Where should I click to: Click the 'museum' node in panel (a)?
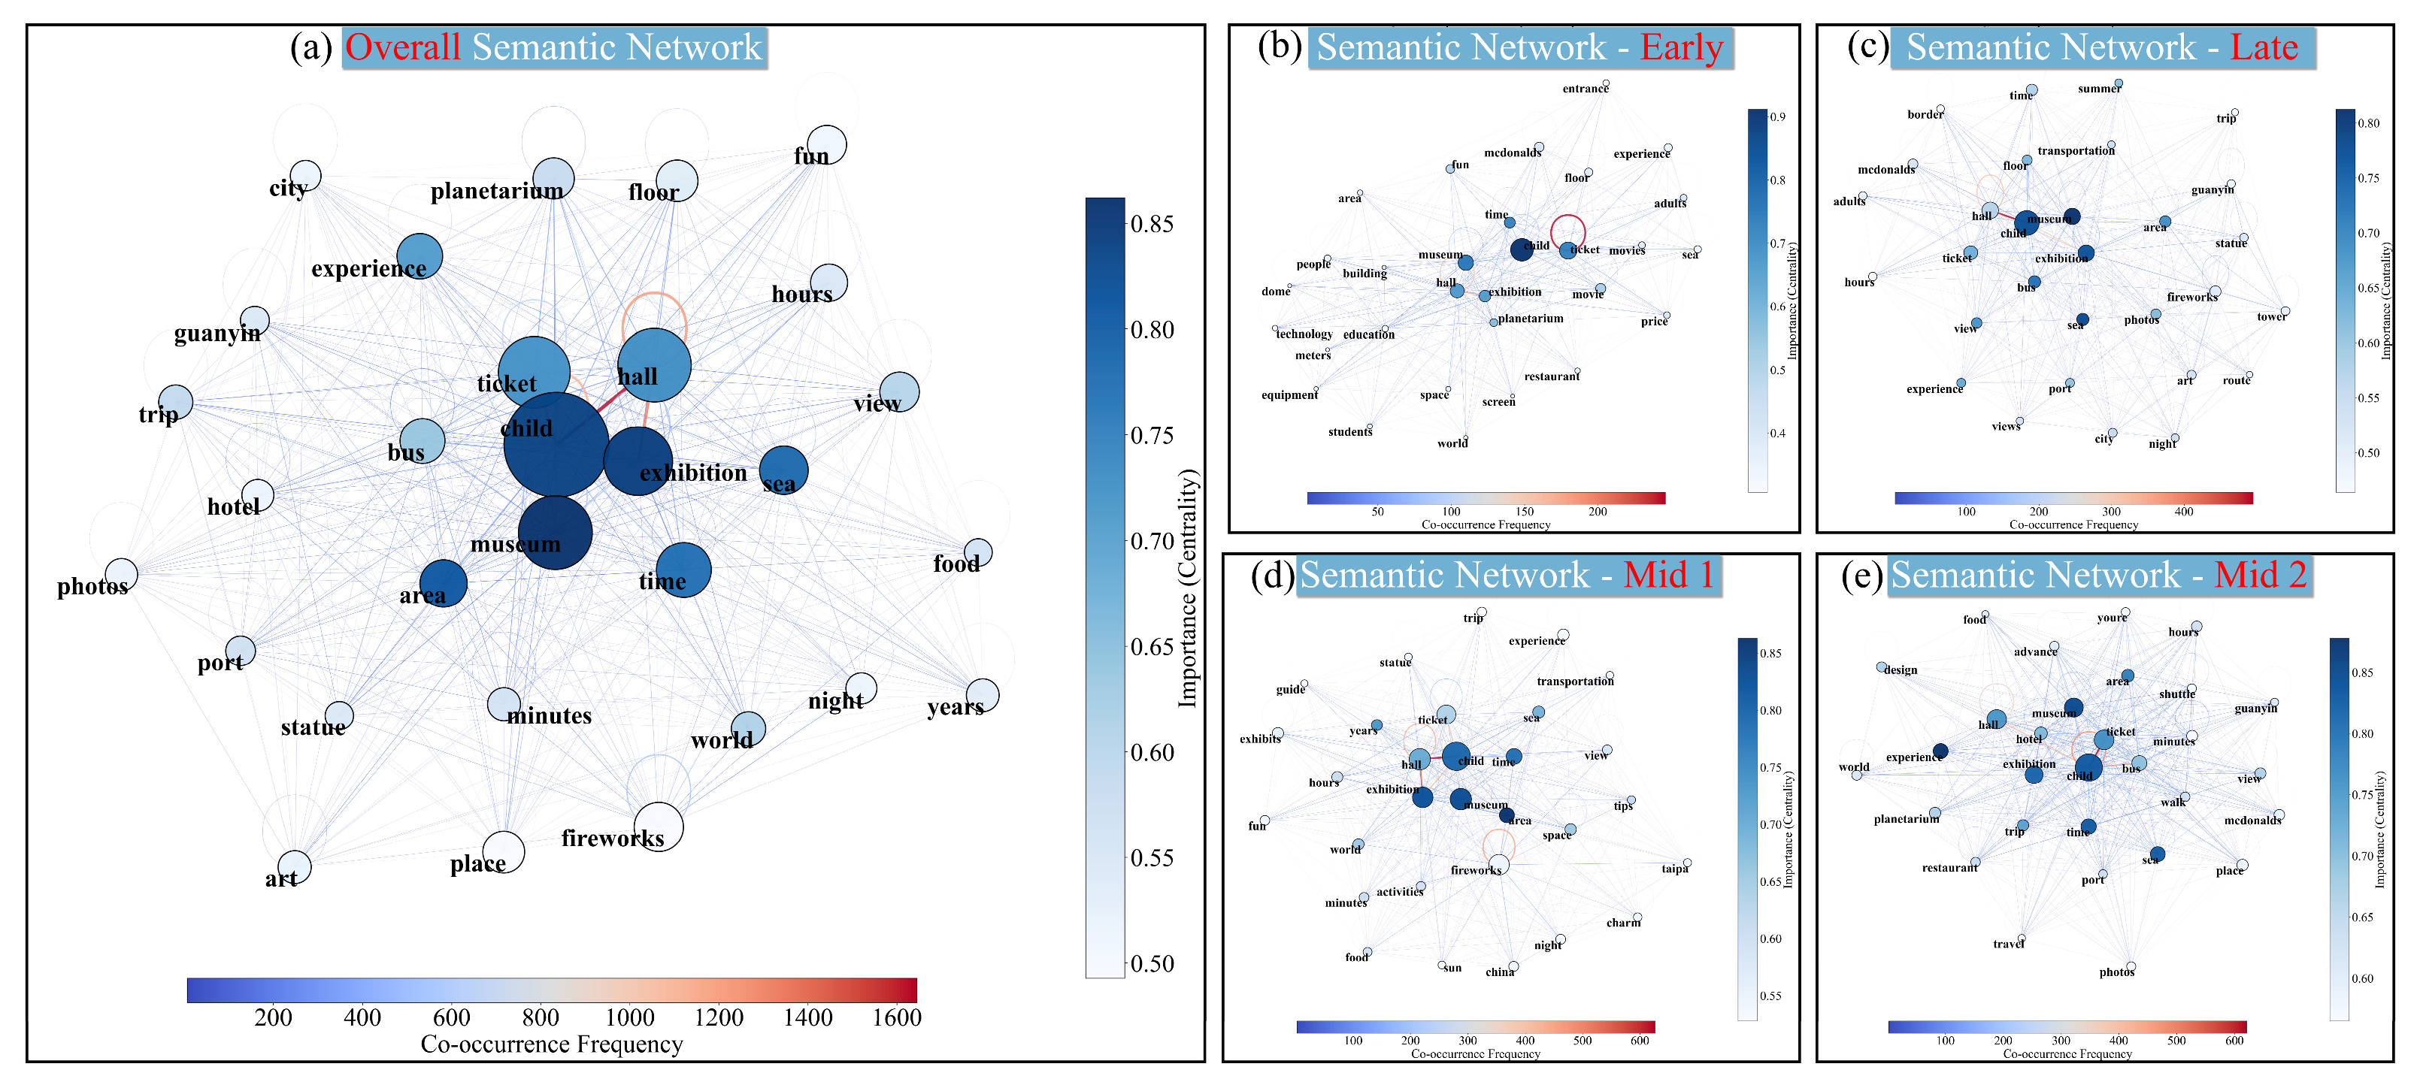tap(555, 533)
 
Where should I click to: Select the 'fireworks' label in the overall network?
tap(613, 839)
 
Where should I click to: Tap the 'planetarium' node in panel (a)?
tap(553, 177)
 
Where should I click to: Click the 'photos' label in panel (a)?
tap(92, 587)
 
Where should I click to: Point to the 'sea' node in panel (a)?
tap(783, 470)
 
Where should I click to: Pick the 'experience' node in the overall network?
tap(419, 256)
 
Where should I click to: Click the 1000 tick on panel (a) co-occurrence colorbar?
tap(629, 1017)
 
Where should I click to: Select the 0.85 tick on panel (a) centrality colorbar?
tap(1152, 223)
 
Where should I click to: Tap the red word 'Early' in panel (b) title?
tap(1682, 47)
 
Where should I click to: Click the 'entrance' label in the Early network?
tap(1585, 89)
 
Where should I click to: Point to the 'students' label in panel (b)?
tap(1350, 432)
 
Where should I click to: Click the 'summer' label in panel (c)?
tap(2099, 89)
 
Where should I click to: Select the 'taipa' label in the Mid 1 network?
tap(1675, 869)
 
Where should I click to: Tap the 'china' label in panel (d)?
tap(1499, 972)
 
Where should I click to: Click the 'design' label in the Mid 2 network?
tap(1900, 671)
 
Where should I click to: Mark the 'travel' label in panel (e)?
tap(2008, 944)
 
